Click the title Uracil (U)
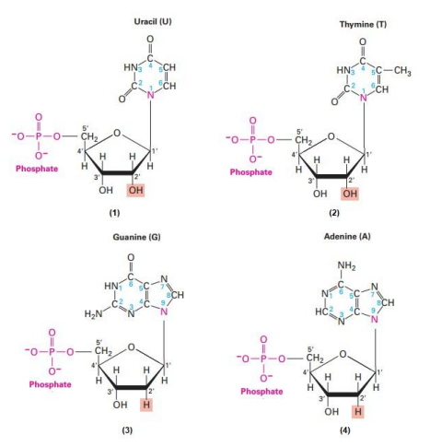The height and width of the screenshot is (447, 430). [x=153, y=21]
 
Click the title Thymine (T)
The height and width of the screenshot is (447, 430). [x=363, y=24]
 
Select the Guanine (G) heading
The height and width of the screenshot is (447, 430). [x=136, y=237]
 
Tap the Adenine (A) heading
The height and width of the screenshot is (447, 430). [x=347, y=236]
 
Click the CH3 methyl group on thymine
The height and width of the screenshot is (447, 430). [x=402, y=71]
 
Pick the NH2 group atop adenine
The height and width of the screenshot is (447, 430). [x=346, y=265]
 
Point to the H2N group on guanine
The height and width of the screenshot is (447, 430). [x=93, y=313]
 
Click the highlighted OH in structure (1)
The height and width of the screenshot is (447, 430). [x=135, y=190]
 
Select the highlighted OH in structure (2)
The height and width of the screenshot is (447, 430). [x=350, y=194]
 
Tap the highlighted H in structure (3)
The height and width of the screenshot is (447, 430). [x=146, y=405]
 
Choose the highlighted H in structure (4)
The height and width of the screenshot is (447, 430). [x=358, y=412]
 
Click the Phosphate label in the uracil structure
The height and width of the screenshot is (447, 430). [x=37, y=169]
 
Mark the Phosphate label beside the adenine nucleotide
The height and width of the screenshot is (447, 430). [x=261, y=391]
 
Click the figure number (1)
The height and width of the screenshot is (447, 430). [x=115, y=213]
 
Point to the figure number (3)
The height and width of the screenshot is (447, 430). [x=127, y=430]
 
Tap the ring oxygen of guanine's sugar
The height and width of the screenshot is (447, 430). [x=131, y=347]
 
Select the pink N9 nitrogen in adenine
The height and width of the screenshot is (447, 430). [x=374, y=319]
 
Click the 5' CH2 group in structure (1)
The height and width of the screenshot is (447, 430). [x=88, y=136]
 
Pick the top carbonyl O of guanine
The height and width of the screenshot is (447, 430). [x=131, y=256]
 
